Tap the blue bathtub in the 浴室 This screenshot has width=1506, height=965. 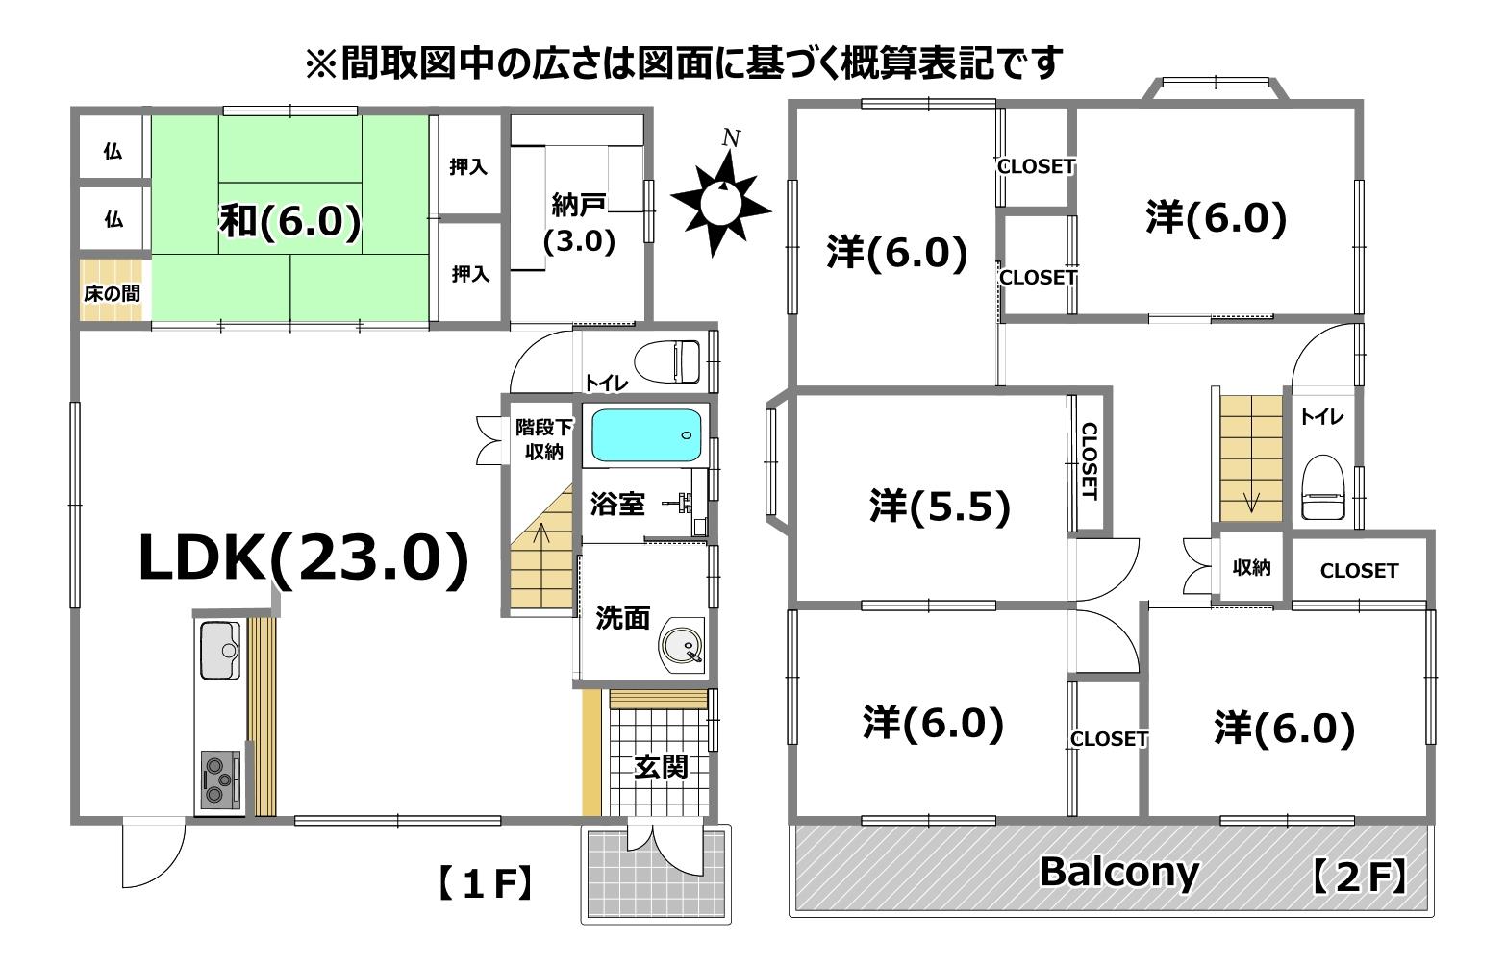point(646,435)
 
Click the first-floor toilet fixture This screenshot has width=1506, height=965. point(667,360)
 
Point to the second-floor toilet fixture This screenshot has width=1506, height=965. point(1322,487)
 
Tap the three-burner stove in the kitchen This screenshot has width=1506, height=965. point(220,779)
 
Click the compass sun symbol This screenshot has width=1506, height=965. point(721,202)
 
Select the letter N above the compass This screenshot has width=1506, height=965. point(731,137)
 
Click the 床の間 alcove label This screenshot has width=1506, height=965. point(113,294)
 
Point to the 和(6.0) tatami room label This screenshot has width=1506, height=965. point(289,220)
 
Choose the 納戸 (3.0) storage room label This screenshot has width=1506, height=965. point(579,222)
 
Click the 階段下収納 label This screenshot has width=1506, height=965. point(544,439)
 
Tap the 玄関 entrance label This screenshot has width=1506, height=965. point(661,766)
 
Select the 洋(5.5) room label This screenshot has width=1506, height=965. point(940,506)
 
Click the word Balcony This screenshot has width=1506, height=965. point(1119,872)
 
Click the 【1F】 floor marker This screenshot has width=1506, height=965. point(486,883)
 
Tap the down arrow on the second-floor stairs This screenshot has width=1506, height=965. point(1251,502)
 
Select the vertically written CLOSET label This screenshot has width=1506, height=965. point(1090,461)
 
